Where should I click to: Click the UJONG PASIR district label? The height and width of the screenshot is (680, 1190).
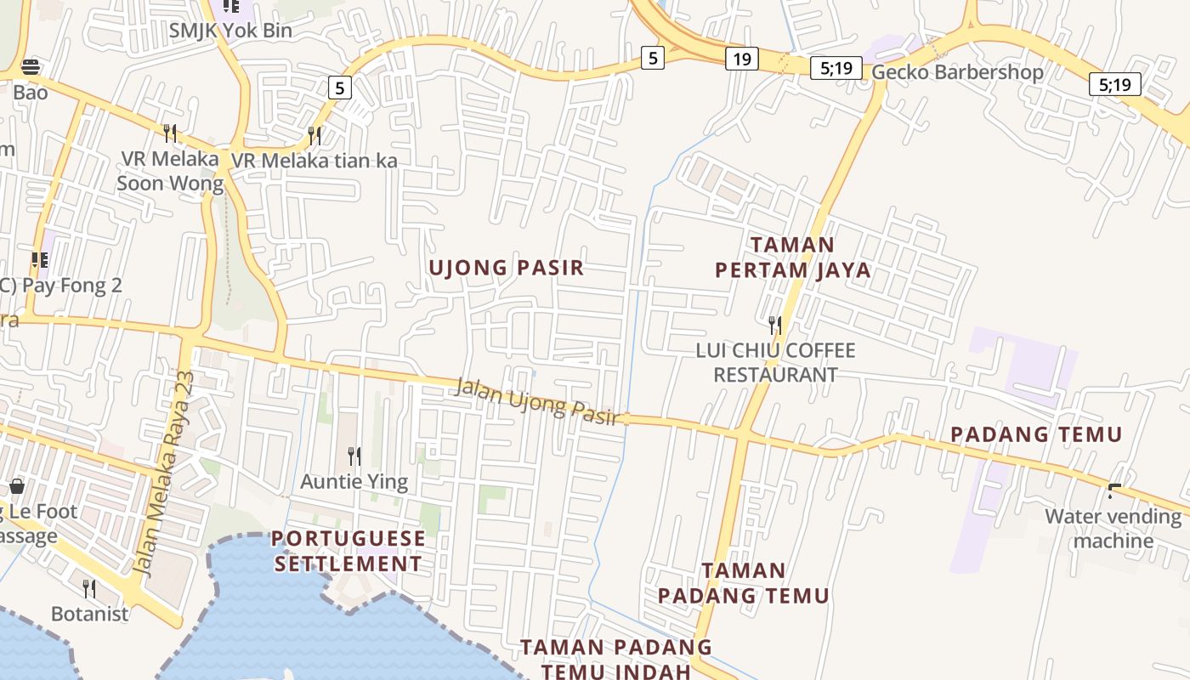[507, 268]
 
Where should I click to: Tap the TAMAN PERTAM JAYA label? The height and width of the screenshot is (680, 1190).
[792, 258]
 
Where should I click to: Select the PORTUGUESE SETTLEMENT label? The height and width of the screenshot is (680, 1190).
[348, 551]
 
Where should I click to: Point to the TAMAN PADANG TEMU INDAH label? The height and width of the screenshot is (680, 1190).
[616, 659]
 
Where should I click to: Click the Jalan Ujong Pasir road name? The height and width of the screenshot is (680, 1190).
[535, 399]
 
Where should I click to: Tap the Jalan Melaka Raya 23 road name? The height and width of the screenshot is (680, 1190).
[166, 473]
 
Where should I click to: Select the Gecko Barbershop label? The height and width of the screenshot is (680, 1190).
[957, 72]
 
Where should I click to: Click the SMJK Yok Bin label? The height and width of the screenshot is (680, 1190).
[230, 31]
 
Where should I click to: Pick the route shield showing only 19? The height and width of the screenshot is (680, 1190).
[741, 59]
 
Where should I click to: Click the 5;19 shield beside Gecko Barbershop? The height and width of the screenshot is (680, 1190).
[836, 68]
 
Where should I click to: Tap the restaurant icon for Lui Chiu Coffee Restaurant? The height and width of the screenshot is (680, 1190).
[774, 324]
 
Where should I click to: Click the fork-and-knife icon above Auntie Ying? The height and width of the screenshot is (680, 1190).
[354, 456]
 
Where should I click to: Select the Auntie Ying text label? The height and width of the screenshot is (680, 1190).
[354, 482]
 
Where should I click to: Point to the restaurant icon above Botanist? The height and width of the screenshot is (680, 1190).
[89, 588]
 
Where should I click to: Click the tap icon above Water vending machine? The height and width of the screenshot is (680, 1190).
[1113, 491]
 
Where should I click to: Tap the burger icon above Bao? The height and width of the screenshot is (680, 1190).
[31, 67]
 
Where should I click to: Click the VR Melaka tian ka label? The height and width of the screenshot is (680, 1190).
[314, 160]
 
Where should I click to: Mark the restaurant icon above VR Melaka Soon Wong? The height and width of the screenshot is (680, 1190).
[170, 133]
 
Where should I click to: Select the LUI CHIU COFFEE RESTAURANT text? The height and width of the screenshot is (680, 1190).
[775, 362]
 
